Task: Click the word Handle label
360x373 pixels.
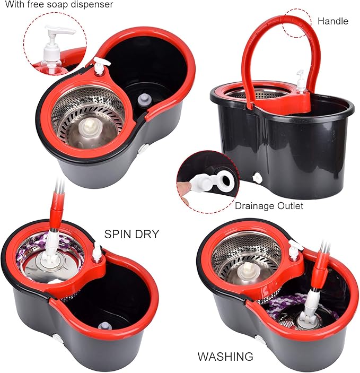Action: [332, 21]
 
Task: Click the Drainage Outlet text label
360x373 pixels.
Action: [269, 205]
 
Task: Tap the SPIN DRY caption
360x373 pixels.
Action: [131, 234]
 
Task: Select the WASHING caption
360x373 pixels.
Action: [225, 356]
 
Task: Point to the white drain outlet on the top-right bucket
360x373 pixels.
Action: [258, 177]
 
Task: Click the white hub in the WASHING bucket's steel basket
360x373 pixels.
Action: [247, 271]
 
